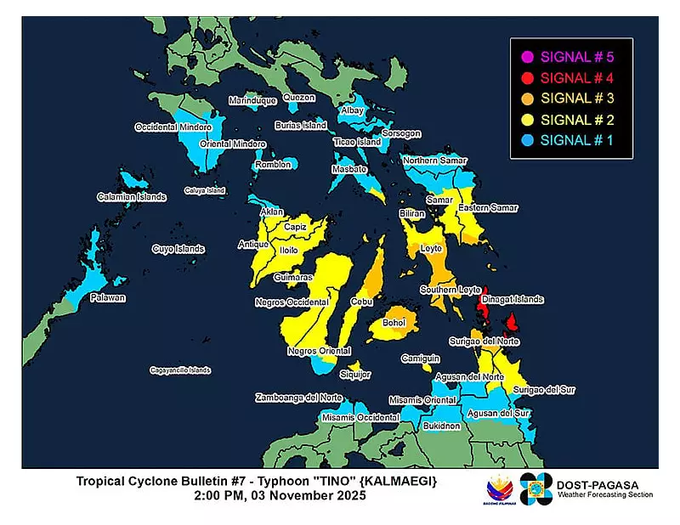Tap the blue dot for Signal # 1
click(x=527, y=139)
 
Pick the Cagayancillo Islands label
click(x=180, y=370)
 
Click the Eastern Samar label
click(x=487, y=208)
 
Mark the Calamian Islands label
click(x=132, y=196)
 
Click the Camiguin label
click(x=419, y=358)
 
